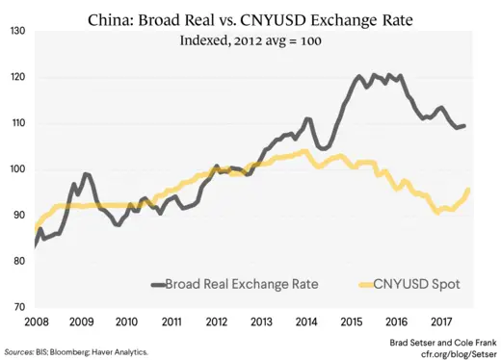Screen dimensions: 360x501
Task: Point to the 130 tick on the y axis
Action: pos(17,32)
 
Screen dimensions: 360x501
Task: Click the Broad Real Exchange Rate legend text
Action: pos(241,284)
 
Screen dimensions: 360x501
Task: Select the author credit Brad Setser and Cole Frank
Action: pos(438,342)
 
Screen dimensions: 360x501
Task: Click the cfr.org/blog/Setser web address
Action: pos(451,353)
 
